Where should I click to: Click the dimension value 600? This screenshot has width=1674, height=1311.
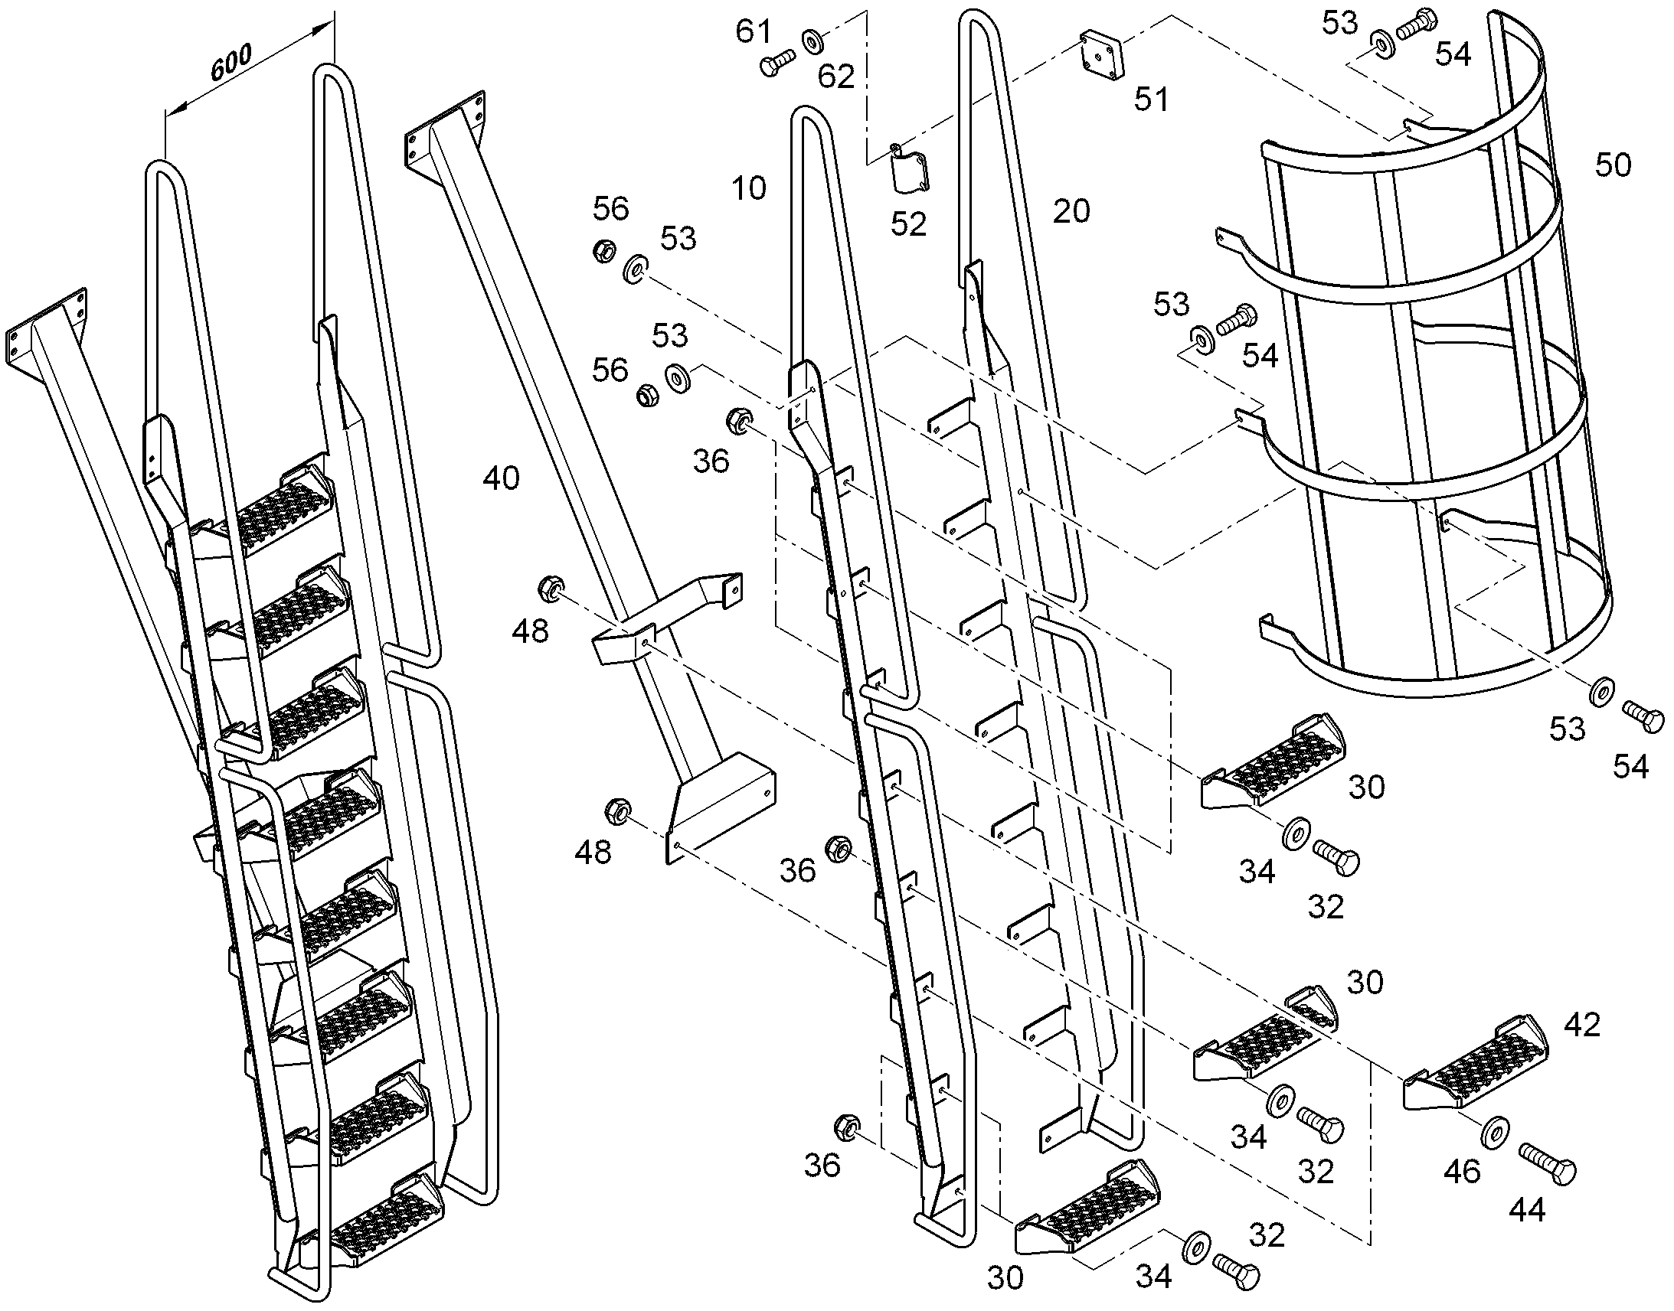(x=232, y=64)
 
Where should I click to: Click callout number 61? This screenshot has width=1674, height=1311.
(x=753, y=31)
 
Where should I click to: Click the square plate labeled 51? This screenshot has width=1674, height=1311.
(x=1100, y=52)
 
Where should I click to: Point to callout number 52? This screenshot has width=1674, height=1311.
(x=907, y=224)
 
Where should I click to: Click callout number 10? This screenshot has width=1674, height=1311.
(x=749, y=188)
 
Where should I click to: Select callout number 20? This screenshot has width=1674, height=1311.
(x=1071, y=210)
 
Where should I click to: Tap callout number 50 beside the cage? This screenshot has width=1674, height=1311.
(x=1613, y=165)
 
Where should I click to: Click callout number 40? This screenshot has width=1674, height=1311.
(x=502, y=478)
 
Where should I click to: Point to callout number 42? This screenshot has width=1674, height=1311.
(x=1582, y=1025)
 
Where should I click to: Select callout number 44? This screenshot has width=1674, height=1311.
(x=1526, y=1211)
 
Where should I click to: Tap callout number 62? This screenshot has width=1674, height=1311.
(x=836, y=77)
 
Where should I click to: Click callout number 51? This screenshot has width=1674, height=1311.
(x=1151, y=99)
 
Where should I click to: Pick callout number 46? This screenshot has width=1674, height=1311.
(x=1461, y=1172)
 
